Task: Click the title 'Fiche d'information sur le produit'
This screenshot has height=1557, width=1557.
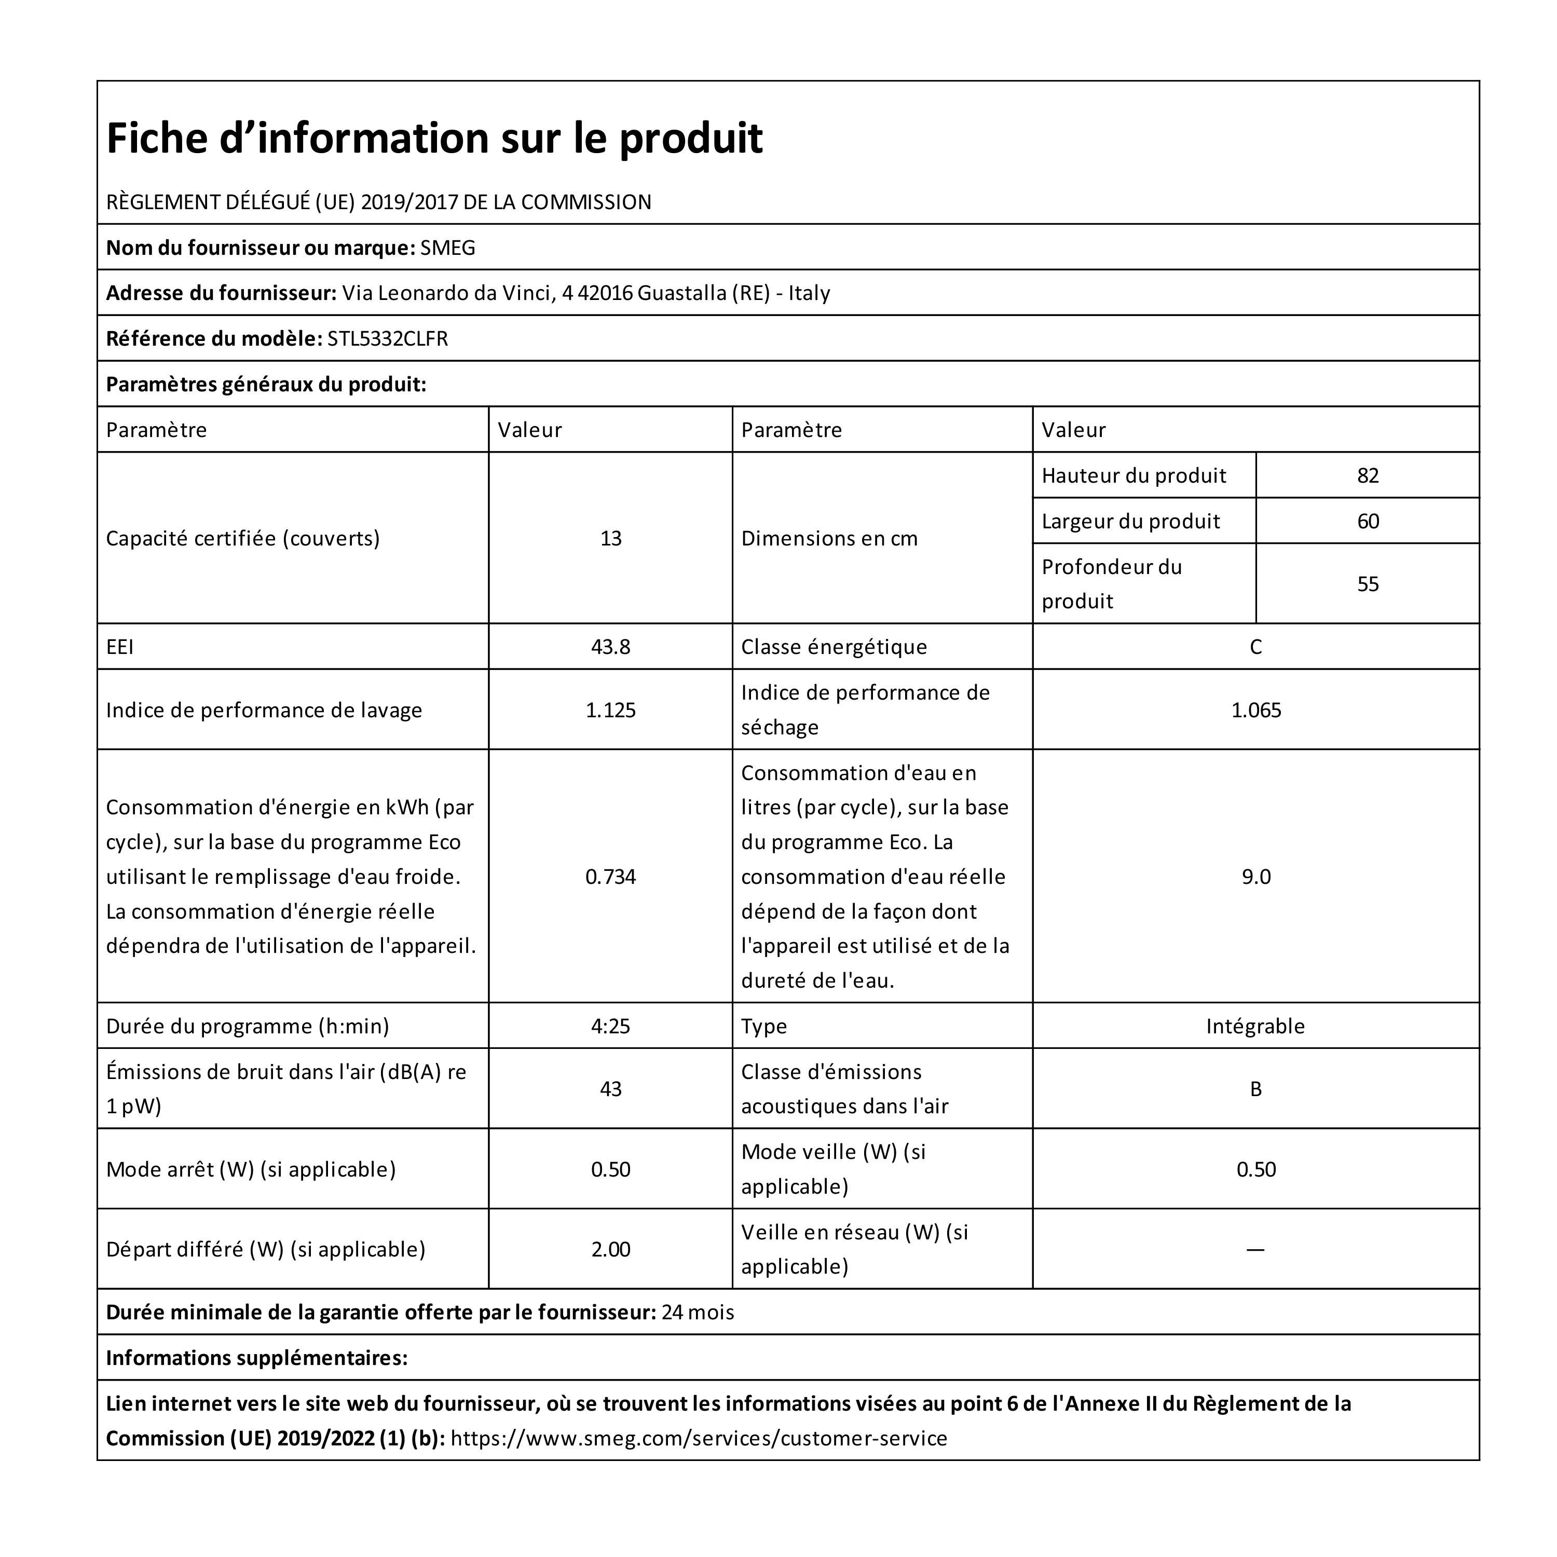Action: pyautogui.click(x=434, y=138)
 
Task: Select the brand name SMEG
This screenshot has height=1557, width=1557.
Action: pyautogui.click(x=447, y=248)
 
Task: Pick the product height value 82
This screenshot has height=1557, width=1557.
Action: pyautogui.click(x=1367, y=475)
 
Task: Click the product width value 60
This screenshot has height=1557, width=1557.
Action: pyautogui.click(x=1367, y=522)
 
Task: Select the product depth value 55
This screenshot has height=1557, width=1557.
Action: pyautogui.click(x=1367, y=584)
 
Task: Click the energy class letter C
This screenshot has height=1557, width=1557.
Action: pyautogui.click(x=1255, y=647)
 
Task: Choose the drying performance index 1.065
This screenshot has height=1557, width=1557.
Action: pyautogui.click(x=1255, y=710)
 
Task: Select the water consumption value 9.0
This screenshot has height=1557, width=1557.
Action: pyautogui.click(x=1255, y=877)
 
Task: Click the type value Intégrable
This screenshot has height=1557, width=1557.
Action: pyautogui.click(x=1255, y=1026)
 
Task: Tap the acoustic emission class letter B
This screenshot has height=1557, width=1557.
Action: pyautogui.click(x=1255, y=1089)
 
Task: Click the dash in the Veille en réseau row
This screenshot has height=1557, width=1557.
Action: pyautogui.click(x=1255, y=1249)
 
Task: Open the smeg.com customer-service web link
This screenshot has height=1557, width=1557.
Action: pyautogui.click(x=698, y=1439)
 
